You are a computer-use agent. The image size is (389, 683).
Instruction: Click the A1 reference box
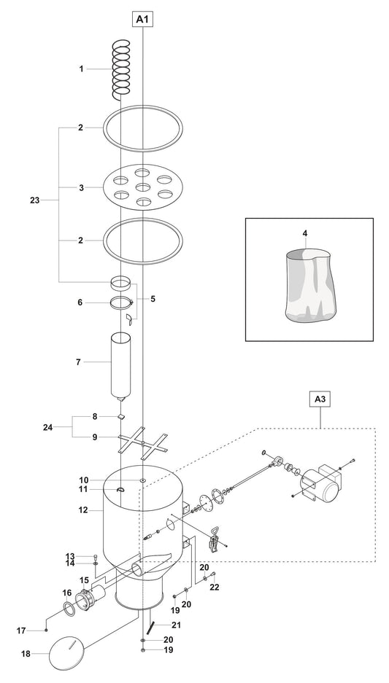click(143, 19)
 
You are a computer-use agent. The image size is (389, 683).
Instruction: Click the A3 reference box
click(320, 399)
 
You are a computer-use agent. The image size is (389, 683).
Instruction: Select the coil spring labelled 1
click(121, 69)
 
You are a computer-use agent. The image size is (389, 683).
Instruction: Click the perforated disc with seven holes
click(143, 187)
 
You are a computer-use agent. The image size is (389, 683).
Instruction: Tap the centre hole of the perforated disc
click(143, 187)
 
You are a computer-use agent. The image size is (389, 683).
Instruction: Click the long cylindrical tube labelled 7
click(121, 367)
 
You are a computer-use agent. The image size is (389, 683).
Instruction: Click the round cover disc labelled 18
click(66, 652)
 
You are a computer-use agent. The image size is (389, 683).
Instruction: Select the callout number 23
click(35, 200)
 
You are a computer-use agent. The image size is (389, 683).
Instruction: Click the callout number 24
click(47, 427)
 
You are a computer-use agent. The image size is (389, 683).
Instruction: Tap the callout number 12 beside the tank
click(83, 510)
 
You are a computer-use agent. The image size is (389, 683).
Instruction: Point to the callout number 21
click(176, 625)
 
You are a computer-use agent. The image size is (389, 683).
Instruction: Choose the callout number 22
click(215, 588)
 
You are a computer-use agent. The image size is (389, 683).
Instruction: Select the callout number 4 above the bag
click(305, 233)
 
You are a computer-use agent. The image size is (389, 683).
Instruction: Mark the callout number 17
click(22, 631)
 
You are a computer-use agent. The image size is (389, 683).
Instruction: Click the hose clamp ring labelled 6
click(121, 303)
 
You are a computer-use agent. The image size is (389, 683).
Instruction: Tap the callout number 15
click(84, 581)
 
